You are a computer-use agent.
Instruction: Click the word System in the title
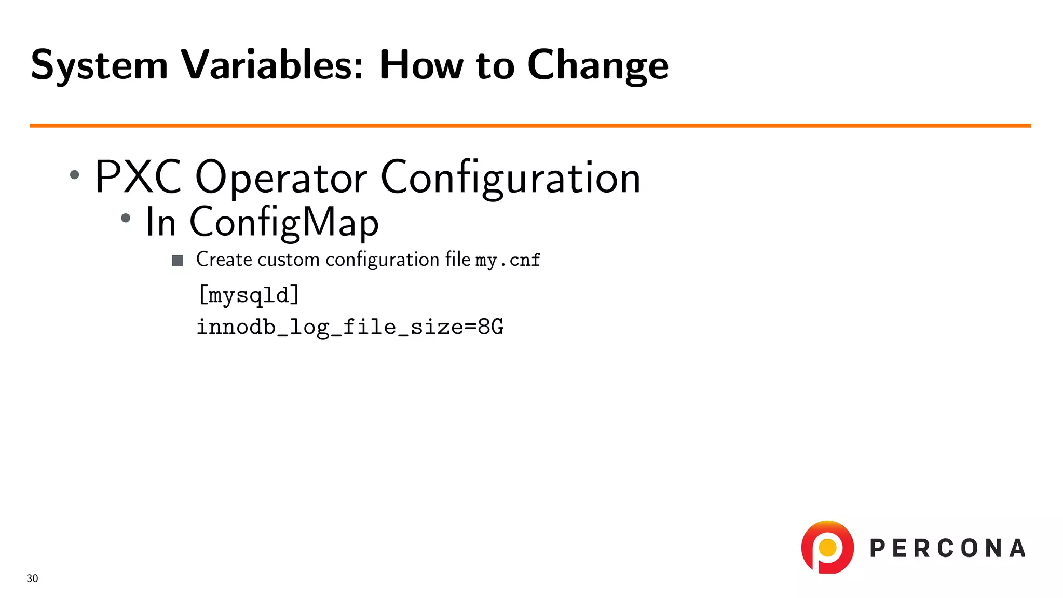(x=99, y=66)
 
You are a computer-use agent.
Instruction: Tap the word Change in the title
(x=597, y=66)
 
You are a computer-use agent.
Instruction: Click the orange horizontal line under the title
(x=529, y=126)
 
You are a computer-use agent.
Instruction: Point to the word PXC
(x=138, y=177)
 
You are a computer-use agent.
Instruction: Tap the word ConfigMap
(x=284, y=222)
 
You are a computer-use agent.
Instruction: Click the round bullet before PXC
(x=75, y=175)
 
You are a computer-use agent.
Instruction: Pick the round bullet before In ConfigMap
(x=126, y=219)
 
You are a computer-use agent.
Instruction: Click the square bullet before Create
(x=178, y=261)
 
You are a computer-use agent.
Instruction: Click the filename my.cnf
(x=507, y=260)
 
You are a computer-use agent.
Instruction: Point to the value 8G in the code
(x=490, y=327)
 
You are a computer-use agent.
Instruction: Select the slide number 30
(x=32, y=579)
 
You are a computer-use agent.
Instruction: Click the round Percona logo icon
(x=827, y=548)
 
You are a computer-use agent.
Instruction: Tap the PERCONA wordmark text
(x=947, y=549)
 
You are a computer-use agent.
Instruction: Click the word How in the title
(x=421, y=65)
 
